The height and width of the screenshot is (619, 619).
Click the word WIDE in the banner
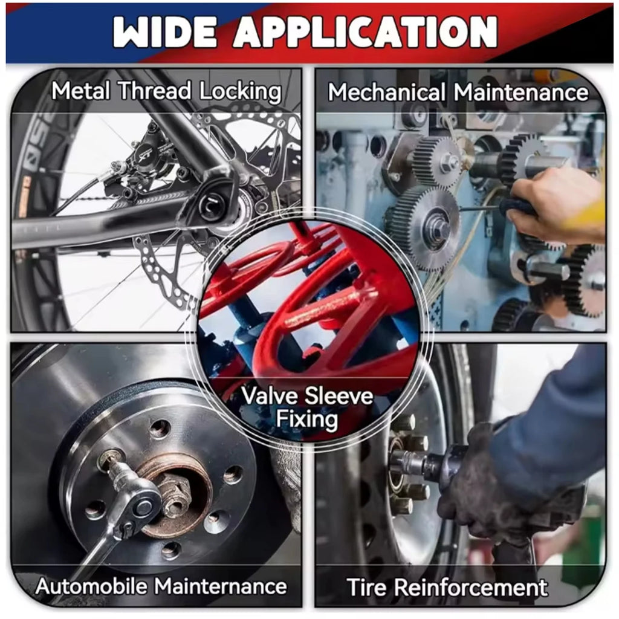click(x=164, y=33)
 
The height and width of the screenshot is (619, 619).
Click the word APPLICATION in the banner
click(x=365, y=33)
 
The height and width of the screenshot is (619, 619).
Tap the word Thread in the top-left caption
click(x=155, y=91)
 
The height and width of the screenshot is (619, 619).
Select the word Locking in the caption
click(x=240, y=92)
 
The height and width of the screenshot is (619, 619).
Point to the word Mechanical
click(x=387, y=92)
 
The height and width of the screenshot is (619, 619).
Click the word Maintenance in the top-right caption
click(x=520, y=92)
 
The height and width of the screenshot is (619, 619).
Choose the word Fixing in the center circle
click(x=306, y=420)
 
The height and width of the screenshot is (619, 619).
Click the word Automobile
click(x=91, y=586)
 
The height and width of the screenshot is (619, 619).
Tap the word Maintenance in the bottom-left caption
click(x=220, y=586)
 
